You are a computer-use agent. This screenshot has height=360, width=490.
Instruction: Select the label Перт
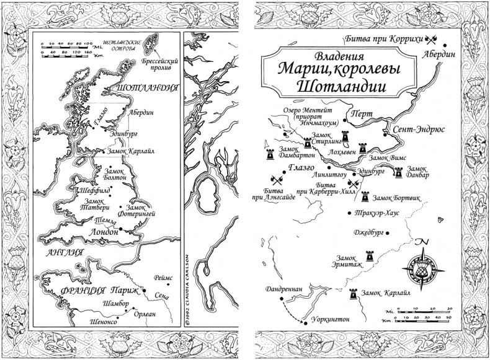[x=360, y=115]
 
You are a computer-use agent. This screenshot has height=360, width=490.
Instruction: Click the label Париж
[x=124, y=289]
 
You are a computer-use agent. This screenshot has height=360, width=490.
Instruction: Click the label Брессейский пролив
[x=165, y=63]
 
